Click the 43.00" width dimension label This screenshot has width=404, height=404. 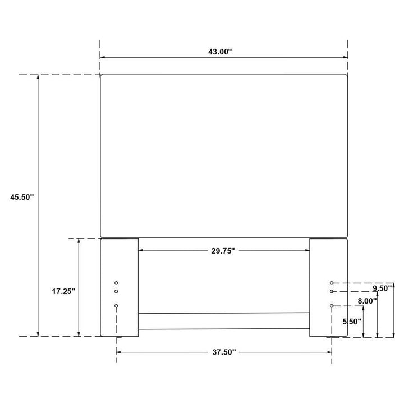pos(220,52)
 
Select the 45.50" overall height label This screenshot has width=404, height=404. pos(22,197)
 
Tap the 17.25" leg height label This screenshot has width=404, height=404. pos(63,291)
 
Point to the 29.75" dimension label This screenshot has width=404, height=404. pos(223,251)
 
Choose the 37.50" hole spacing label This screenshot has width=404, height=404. pos(224,352)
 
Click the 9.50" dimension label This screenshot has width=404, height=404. pos(382,288)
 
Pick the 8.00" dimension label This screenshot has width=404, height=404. pos(367,301)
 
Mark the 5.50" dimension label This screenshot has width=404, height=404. pos(352,322)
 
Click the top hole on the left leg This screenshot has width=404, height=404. pos(116,283)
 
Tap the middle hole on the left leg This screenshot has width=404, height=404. pos(116,291)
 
